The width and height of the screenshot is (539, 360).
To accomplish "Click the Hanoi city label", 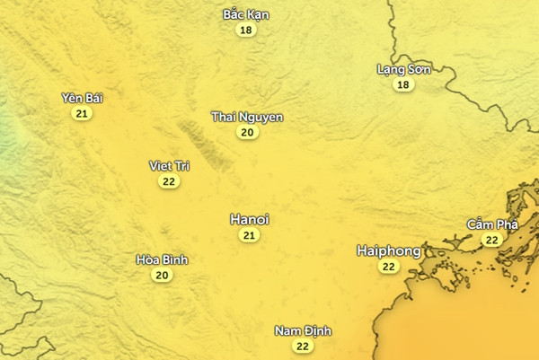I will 250,219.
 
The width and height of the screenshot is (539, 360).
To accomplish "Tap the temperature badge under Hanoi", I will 250,235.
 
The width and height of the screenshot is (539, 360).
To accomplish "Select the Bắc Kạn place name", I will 245,14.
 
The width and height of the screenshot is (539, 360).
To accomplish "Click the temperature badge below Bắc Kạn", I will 245,30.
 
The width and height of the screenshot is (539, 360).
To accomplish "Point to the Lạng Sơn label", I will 403,69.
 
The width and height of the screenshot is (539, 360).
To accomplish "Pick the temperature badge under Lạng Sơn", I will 403,84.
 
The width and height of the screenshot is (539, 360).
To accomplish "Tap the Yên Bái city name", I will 83,98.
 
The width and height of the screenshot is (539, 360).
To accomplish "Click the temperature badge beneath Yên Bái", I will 83,113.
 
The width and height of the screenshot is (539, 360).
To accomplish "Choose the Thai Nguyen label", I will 247,117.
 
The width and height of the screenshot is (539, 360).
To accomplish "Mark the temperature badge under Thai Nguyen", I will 247,132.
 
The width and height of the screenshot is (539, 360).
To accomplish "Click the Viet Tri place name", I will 169,165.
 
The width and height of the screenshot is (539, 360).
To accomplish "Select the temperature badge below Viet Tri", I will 169,180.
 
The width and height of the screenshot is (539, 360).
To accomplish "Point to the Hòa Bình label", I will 162,259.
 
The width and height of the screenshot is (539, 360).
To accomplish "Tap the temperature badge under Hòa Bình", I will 162,275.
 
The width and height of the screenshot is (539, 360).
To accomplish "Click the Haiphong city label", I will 388,250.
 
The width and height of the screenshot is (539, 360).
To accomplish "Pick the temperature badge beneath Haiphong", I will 388,267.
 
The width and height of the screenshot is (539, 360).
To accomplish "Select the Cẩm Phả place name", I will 491,224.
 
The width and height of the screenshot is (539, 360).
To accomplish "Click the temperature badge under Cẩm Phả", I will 491,240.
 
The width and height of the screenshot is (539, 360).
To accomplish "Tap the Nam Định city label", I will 303,331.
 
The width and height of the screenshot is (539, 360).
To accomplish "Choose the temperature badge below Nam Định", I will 303,346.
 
